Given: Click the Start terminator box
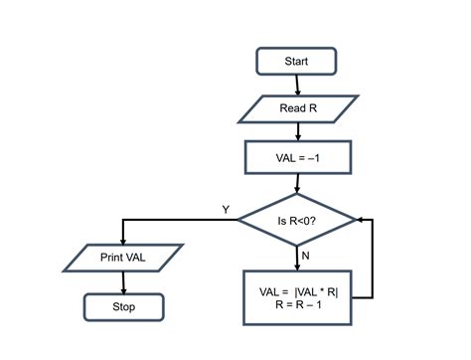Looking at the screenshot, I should [296, 62].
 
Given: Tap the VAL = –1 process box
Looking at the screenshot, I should [297, 156].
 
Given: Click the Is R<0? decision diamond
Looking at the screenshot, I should [297, 220].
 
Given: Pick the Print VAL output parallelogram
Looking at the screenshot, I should [122, 258].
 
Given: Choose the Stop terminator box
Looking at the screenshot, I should [122, 307].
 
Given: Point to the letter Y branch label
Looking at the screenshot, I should [226, 209].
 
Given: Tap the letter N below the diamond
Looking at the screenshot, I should [307, 255].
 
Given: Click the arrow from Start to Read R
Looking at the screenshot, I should [297, 85].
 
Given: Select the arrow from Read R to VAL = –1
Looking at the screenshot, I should [297, 131].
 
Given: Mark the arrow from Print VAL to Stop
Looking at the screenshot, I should [122, 282].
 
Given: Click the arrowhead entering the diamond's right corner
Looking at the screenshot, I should [361, 220].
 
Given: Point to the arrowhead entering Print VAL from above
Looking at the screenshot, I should [122, 239].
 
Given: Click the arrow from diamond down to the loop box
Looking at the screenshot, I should [297, 258].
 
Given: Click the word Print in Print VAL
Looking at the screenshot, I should [112, 258].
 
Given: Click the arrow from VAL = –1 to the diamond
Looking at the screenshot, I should [297, 182].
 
